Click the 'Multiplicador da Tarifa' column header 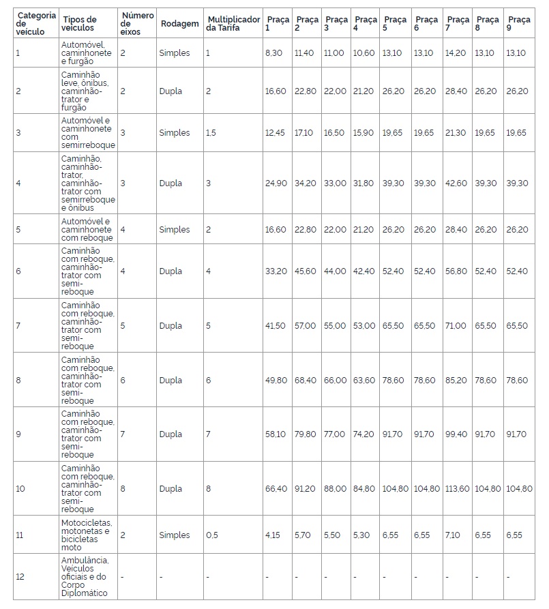[233, 24]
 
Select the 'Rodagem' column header [179, 24]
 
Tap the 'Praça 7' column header [456, 24]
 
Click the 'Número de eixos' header [137, 24]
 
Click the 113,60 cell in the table [456, 488]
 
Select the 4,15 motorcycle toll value [273, 535]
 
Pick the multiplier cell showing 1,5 [211, 132]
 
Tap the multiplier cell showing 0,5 [213, 535]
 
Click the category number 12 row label [20, 576]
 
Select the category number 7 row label [18, 325]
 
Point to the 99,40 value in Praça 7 [456, 434]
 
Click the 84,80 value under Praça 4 [364, 488]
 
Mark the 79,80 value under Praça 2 [305, 434]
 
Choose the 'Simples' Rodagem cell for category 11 [175, 535]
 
